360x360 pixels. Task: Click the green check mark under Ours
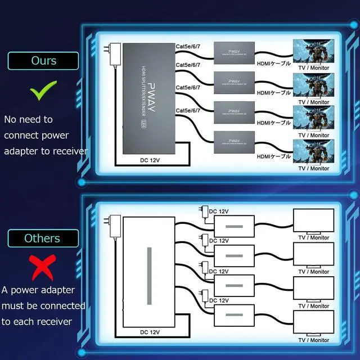click(43, 90)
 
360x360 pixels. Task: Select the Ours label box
click(43, 61)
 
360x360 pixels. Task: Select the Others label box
click(43, 238)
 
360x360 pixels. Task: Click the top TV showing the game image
click(313, 51)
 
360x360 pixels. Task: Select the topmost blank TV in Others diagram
click(313, 220)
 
